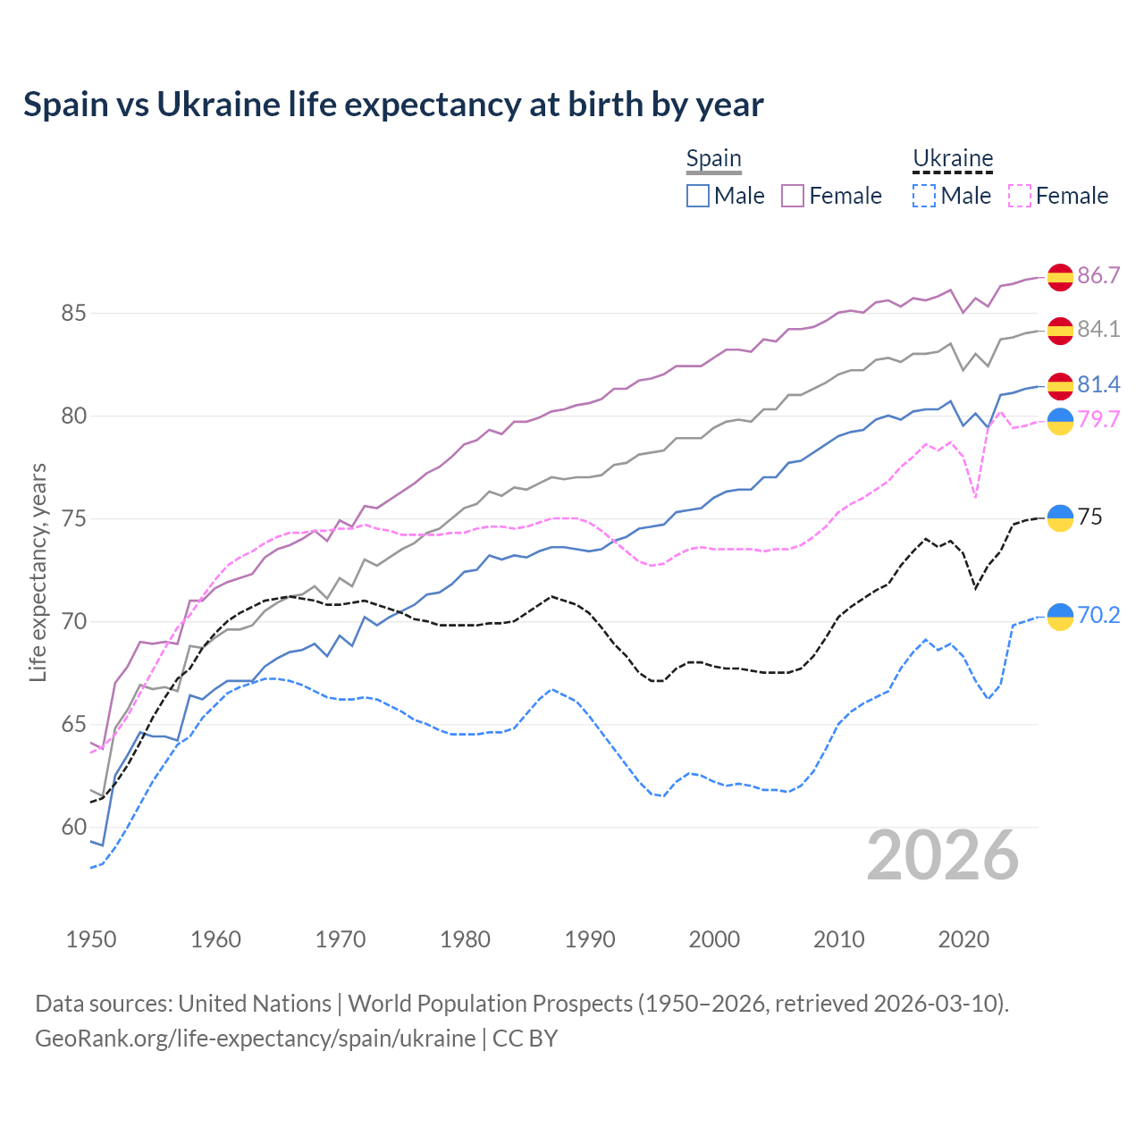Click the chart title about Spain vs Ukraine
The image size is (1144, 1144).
(393, 105)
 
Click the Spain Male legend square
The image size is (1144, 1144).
(698, 196)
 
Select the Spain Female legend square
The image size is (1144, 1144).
(793, 196)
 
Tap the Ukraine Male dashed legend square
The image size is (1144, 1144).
(924, 196)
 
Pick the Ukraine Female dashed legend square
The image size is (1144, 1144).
(1020, 196)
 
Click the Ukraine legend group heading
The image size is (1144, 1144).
(953, 159)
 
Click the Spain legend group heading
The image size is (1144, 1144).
(713, 159)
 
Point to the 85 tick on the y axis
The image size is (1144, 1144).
(73, 314)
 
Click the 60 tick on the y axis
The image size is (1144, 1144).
(73, 828)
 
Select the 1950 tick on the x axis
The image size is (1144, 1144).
(91, 939)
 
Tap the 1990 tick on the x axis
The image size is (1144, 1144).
(590, 939)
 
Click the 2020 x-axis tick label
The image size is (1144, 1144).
(963, 939)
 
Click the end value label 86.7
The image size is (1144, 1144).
(1098, 275)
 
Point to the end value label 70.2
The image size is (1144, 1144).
(1098, 615)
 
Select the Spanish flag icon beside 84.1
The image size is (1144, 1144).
(1060, 330)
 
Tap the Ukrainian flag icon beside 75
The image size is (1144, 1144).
(1060, 517)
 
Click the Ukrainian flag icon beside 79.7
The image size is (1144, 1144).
(1060, 420)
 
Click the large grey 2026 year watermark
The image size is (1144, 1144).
(943, 855)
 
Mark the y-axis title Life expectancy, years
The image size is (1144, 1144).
(38, 572)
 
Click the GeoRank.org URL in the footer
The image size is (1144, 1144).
(256, 1038)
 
